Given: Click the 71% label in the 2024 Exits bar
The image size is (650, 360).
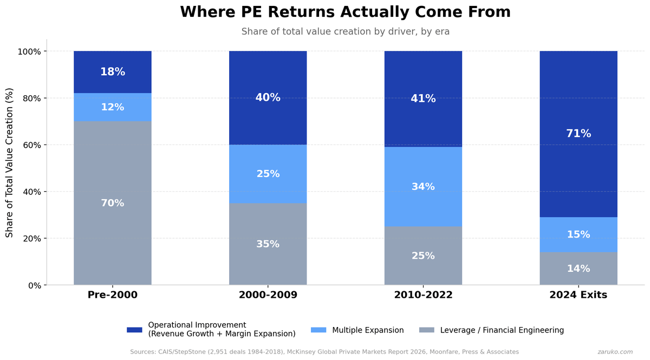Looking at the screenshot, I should click(x=578, y=134).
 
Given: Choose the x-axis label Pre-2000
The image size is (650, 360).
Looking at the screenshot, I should click(x=113, y=295).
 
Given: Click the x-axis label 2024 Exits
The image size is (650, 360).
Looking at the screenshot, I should click(x=578, y=295).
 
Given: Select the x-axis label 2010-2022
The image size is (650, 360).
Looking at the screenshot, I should click(x=423, y=295).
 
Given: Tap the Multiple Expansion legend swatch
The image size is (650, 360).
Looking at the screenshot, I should click(x=318, y=330).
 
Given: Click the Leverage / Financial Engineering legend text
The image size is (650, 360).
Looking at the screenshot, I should click(x=502, y=330).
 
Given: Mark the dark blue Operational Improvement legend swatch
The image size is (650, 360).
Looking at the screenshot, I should click(x=134, y=330).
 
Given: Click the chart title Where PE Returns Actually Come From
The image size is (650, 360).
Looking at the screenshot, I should click(x=345, y=12).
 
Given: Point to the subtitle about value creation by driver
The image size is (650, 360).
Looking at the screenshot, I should click(x=345, y=31).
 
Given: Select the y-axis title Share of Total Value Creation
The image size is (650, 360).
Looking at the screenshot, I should click(x=10, y=162).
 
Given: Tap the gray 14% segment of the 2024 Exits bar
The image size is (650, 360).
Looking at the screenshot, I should click(x=578, y=269).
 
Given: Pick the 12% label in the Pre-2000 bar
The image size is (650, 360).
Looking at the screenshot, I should click(x=113, y=107).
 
